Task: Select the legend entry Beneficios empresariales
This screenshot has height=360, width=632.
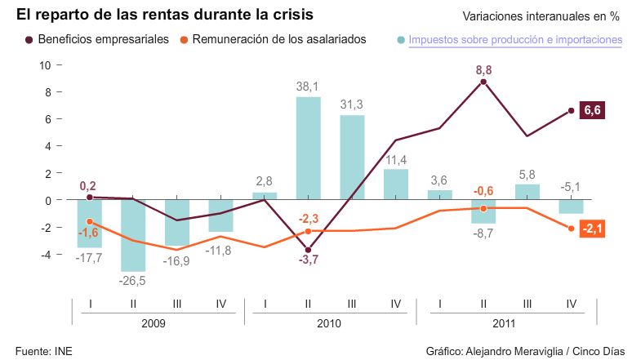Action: tap(103, 39)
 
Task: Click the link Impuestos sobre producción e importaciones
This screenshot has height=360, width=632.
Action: tap(510, 40)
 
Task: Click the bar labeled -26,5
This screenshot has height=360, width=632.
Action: tap(133, 235)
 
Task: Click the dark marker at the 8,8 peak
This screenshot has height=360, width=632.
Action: tap(483, 82)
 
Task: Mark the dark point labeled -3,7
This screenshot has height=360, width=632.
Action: tap(308, 250)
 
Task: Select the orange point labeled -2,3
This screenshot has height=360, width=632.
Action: tap(308, 231)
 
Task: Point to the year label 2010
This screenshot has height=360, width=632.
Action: tap(330, 323)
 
